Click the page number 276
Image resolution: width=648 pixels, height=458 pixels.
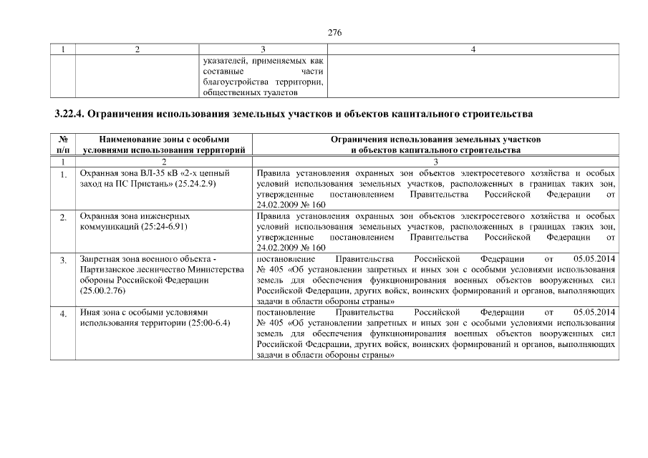pos(334,32)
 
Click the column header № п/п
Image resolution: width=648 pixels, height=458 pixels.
pos(63,145)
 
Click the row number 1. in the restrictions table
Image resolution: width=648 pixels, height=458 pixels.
pos(63,175)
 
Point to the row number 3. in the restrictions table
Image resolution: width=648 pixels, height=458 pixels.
pos(63,259)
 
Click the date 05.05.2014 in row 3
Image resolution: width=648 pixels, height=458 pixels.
pos(594,258)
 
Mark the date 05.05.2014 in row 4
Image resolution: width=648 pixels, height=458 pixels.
pos(594,313)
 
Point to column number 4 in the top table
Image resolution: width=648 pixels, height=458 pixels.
pos(473,49)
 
